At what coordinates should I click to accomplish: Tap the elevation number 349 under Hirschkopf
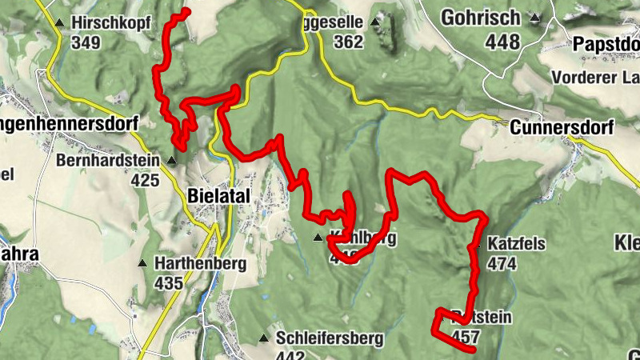86,42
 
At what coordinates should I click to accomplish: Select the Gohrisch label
490,17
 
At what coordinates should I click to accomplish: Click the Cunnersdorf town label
562,127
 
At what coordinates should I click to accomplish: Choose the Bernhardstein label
107,160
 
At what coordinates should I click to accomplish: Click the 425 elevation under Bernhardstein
145,180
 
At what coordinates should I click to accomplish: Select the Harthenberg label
191,262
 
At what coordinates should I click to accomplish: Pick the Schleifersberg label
329,338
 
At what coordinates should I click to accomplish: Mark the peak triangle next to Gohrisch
535,17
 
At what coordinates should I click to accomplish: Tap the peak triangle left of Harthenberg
143,262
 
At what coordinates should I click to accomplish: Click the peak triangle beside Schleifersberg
263,338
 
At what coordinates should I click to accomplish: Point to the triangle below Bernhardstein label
170,160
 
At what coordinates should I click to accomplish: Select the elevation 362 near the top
349,42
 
